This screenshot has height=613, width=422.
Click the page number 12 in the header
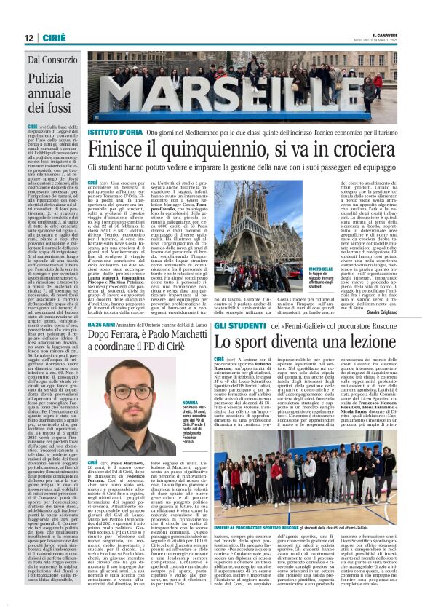[x=28, y=37]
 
